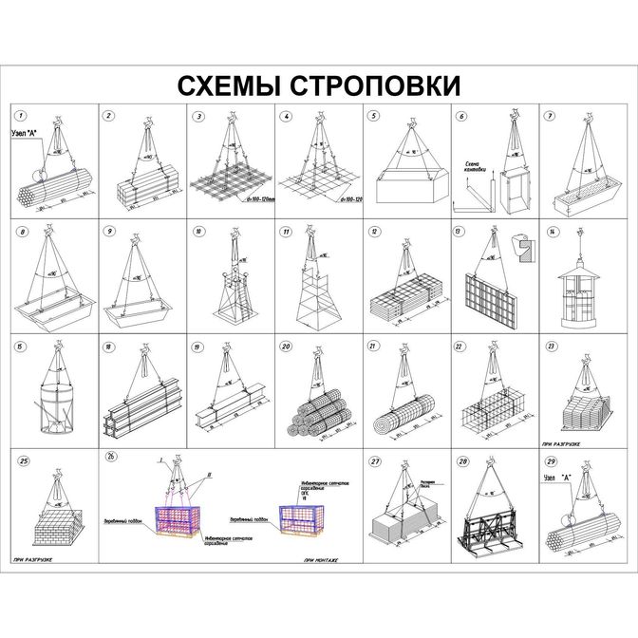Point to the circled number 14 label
(552, 231)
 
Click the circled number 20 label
(286, 347)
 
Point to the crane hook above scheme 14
(581, 237)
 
